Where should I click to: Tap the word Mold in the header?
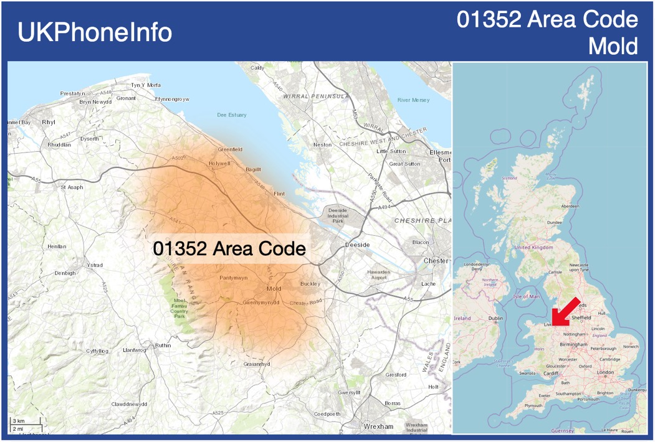coord(613,46)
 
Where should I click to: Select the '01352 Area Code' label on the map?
coord(229,248)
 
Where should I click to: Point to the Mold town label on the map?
coord(274,289)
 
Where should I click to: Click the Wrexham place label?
coord(378,426)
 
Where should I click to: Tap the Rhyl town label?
coord(49,123)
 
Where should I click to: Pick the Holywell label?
coord(219,163)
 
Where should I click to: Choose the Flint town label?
coord(279,194)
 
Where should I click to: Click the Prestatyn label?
coord(72,93)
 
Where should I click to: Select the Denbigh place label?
coord(65,273)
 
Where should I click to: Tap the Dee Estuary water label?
coord(231,115)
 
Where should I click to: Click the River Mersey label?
coord(413,100)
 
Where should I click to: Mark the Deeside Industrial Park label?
coord(338,215)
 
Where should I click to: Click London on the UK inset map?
coord(605,372)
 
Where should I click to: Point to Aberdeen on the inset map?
coord(570,206)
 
